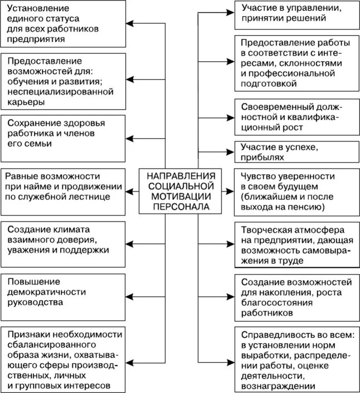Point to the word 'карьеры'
(27, 102)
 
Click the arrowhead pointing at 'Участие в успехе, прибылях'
(229, 150)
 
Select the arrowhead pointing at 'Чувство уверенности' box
(229, 191)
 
